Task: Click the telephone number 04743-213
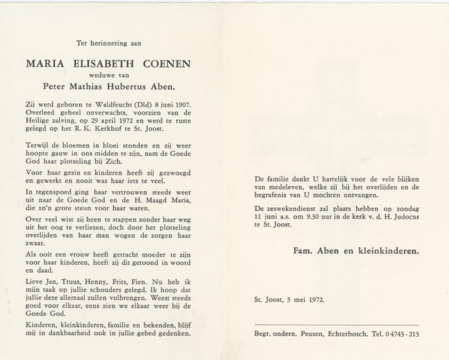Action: click(401, 334)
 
